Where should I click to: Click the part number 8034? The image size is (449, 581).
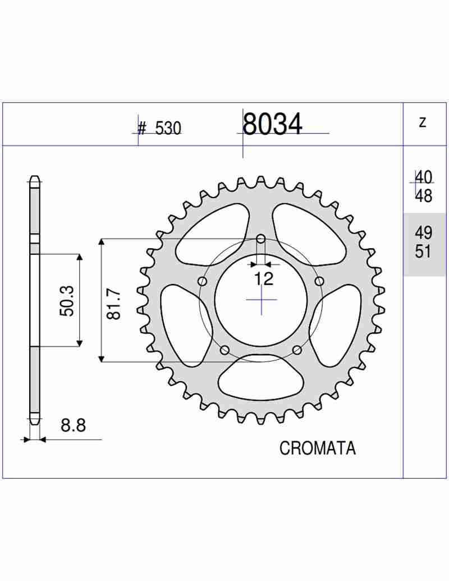point(272,123)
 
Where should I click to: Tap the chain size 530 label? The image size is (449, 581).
point(168,128)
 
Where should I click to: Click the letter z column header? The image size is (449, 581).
point(423,122)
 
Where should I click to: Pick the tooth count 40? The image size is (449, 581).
point(423,177)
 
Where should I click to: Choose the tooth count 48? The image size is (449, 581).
point(423,195)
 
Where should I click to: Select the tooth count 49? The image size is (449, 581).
point(423,233)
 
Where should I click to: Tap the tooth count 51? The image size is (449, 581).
point(423,251)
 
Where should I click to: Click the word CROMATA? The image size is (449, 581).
point(318,448)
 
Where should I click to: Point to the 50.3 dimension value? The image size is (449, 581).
point(67,300)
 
